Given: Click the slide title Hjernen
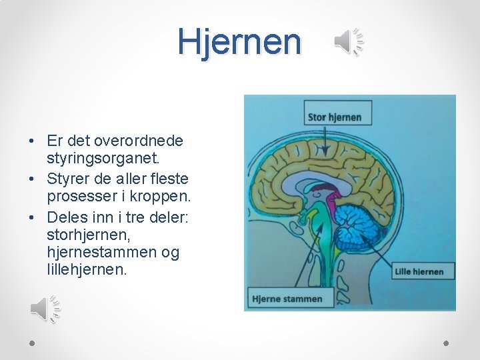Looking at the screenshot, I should (239, 41).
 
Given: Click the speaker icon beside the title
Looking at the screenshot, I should (349, 42).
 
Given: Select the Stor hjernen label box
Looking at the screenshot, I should (335, 117).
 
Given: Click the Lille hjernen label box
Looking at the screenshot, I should (419, 271).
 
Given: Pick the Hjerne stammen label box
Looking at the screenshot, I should (287, 299).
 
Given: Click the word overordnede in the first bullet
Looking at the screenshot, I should (139, 141).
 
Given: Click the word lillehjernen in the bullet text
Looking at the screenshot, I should (87, 271).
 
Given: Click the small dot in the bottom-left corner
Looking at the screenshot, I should (32, 343).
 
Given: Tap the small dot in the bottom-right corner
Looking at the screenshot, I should (447, 343).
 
